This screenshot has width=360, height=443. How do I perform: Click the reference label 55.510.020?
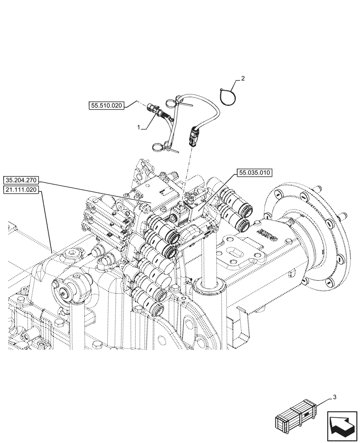[106, 105]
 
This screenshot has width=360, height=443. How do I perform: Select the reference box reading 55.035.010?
[256, 173]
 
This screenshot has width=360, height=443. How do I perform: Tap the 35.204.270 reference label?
[22, 180]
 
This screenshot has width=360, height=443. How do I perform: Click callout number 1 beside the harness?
[139, 127]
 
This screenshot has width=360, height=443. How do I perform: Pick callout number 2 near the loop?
[242, 79]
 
